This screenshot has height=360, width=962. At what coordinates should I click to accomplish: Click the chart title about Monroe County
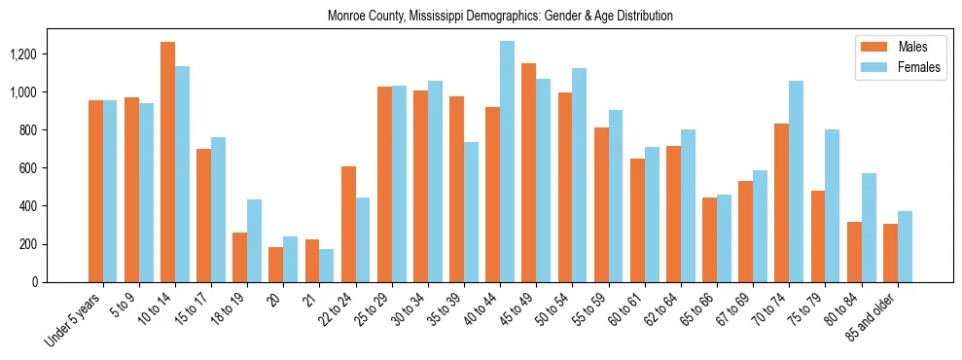click(500, 17)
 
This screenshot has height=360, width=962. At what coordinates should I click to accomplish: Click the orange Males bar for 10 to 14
click(167, 162)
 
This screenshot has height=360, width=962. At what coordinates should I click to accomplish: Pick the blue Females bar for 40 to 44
click(507, 162)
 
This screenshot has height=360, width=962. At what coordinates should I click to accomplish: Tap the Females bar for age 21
click(327, 266)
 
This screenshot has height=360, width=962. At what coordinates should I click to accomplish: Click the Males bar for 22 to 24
click(348, 224)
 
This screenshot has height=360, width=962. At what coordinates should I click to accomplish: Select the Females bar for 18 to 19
click(254, 240)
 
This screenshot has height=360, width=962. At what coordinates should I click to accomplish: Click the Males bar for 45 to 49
click(528, 172)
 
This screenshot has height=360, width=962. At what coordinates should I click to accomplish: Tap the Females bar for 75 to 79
click(832, 206)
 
